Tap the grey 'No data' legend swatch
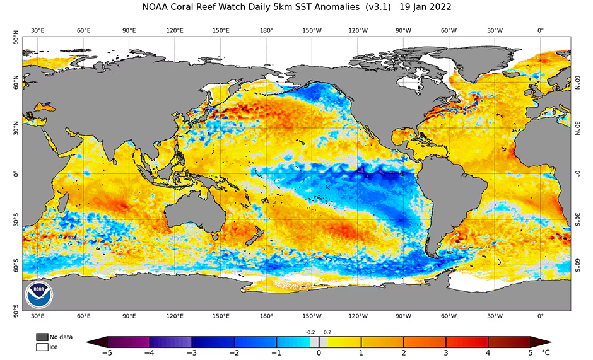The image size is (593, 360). coord(42,337)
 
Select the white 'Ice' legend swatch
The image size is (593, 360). coord(42,346)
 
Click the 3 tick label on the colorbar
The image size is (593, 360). coord(446,353)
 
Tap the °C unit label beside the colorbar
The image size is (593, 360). coord(546,353)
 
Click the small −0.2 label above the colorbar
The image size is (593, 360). coord(310,332)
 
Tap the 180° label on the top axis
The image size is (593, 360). coord(266,30)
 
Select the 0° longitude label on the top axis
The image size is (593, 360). coord(541,30)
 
